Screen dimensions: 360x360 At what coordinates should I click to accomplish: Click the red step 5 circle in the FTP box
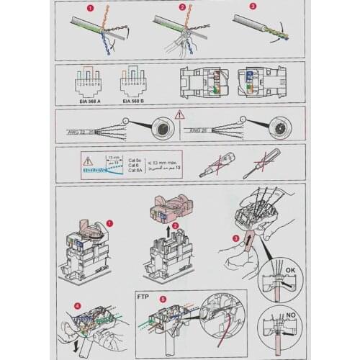pyautogui.click(x=162, y=296)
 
